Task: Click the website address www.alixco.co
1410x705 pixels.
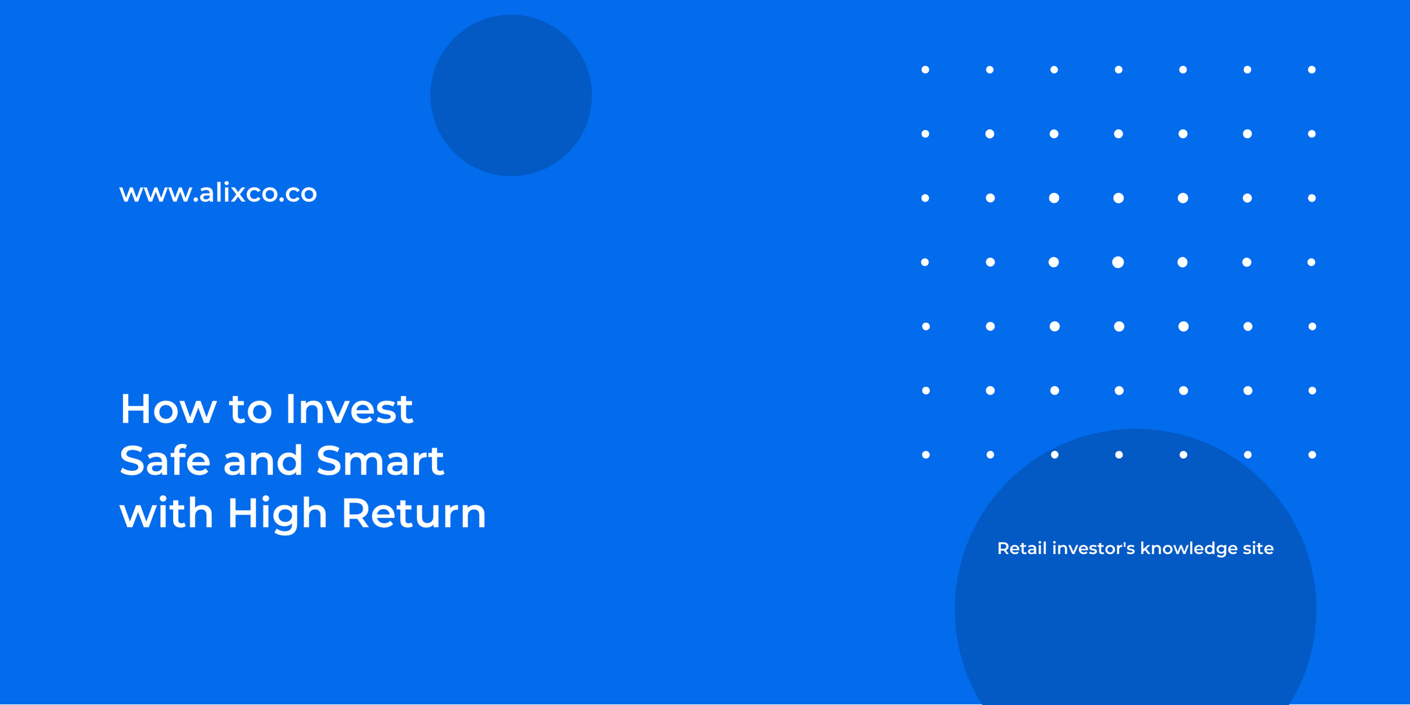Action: click(218, 193)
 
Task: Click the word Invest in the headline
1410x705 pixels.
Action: click(349, 409)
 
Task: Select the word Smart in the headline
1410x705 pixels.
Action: click(380, 461)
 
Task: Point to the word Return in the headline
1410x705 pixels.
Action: click(414, 513)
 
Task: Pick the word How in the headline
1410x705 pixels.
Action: click(168, 409)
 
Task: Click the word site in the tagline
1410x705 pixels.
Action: click(1258, 548)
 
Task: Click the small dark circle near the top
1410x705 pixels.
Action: click(511, 95)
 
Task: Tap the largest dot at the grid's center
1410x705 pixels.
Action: click(1118, 262)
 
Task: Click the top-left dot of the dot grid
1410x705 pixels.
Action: click(925, 70)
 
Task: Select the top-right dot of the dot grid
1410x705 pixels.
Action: click(1311, 70)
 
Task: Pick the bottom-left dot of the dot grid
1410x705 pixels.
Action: click(926, 455)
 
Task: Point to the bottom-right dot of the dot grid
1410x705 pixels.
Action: click(1312, 455)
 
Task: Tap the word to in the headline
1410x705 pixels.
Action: click(250, 409)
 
